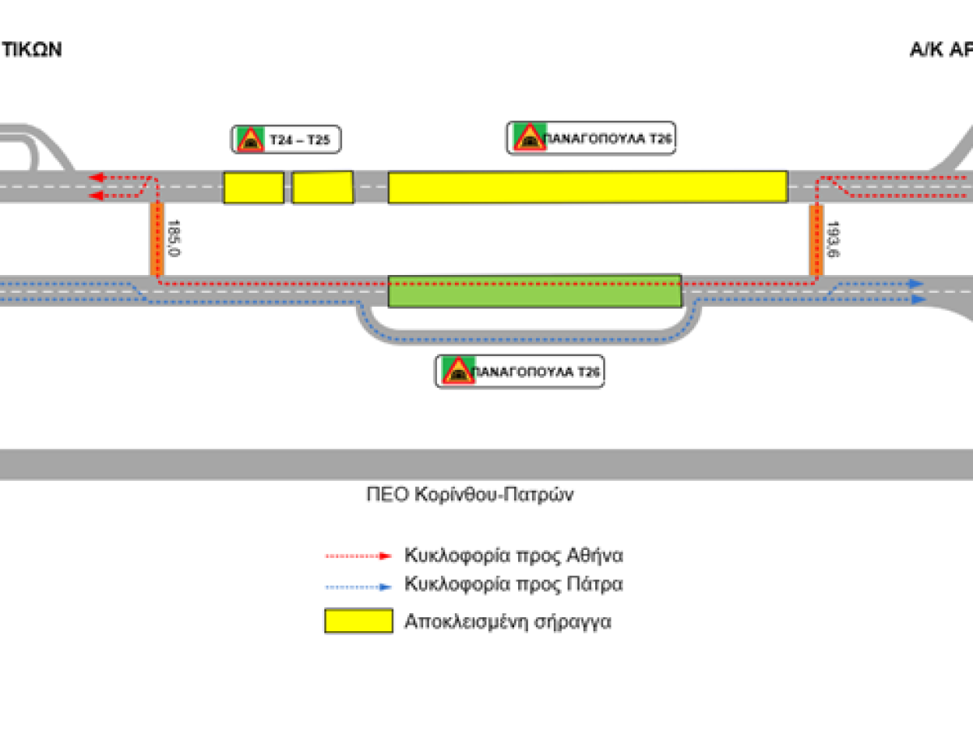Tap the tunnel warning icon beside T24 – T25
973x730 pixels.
(248, 140)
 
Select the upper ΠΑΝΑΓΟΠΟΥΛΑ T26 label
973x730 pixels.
(608, 139)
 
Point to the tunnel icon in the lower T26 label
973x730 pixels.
(456, 371)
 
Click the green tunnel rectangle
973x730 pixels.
(534, 291)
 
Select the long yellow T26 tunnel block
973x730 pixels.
(587, 187)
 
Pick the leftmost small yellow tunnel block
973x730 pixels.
(254, 187)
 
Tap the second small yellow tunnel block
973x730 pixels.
(323, 187)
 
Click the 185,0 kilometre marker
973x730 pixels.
(172, 237)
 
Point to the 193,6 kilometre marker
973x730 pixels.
(832, 238)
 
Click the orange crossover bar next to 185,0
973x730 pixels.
(154, 239)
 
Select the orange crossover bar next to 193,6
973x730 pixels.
(817, 240)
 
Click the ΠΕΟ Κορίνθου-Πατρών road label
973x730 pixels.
(469, 495)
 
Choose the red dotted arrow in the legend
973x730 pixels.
(358, 556)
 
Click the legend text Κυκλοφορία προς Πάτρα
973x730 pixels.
(514, 584)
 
